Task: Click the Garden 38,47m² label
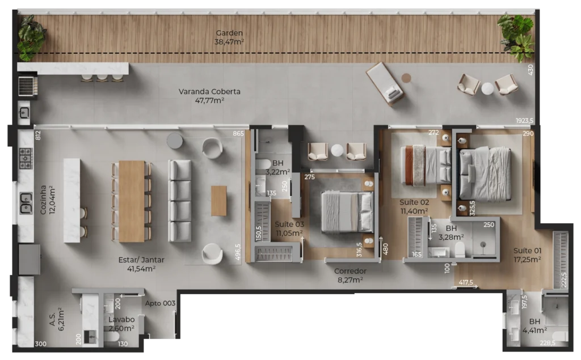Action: pyautogui.click(x=229, y=37)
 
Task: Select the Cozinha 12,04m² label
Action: pyautogui.click(x=48, y=200)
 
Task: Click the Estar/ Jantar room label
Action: pyautogui.click(x=141, y=264)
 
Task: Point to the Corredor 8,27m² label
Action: pyautogui.click(x=350, y=276)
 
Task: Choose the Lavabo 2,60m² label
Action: pyautogui.click(x=121, y=324)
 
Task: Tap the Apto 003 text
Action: pyautogui.click(x=160, y=303)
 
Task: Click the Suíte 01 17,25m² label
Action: pyautogui.click(x=527, y=255)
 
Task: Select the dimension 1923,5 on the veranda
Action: pyautogui.click(x=525, y=121)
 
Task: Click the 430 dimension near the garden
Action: pyautogui.click(x=531, y=70)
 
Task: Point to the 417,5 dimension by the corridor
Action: pyautogui.click(x=466, y=282)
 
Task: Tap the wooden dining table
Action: pyautogui.click(x=132, y=201)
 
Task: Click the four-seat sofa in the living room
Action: pyautogui.click(x=180, y=200)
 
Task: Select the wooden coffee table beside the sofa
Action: pyautogui.click(x=218, y=201)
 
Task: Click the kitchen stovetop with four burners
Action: pyautogui.click(x=26, y=158)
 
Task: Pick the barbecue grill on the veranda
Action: pyautogui.click(x=28, y=86)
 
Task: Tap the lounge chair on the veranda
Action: pyautogui.click(x=385, y=84)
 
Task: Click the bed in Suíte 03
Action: pyautogui.click(x=347, y=211)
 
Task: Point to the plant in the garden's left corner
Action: pyautogui.click(x=32, y=38)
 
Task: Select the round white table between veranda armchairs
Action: pyautogui.click(x=487, y=88)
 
